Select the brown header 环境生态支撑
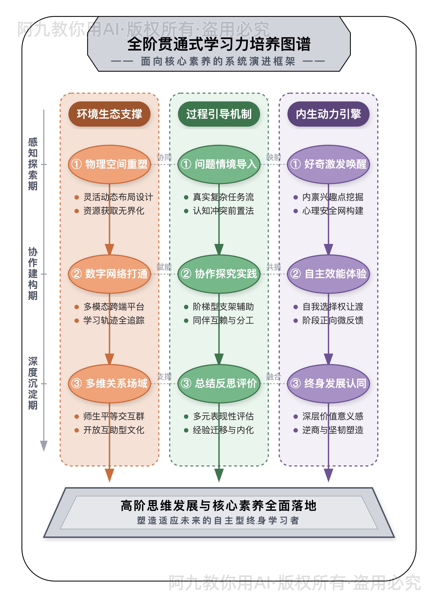109,114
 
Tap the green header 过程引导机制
219,114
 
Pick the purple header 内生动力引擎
328,114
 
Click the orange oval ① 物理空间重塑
109,164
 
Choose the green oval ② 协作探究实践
219,274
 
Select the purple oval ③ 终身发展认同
328,383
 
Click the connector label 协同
164,157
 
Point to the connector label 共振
274,267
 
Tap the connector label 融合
274,376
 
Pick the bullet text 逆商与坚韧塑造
333,430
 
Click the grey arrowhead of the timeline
44,446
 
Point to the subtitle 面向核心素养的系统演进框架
218,61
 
